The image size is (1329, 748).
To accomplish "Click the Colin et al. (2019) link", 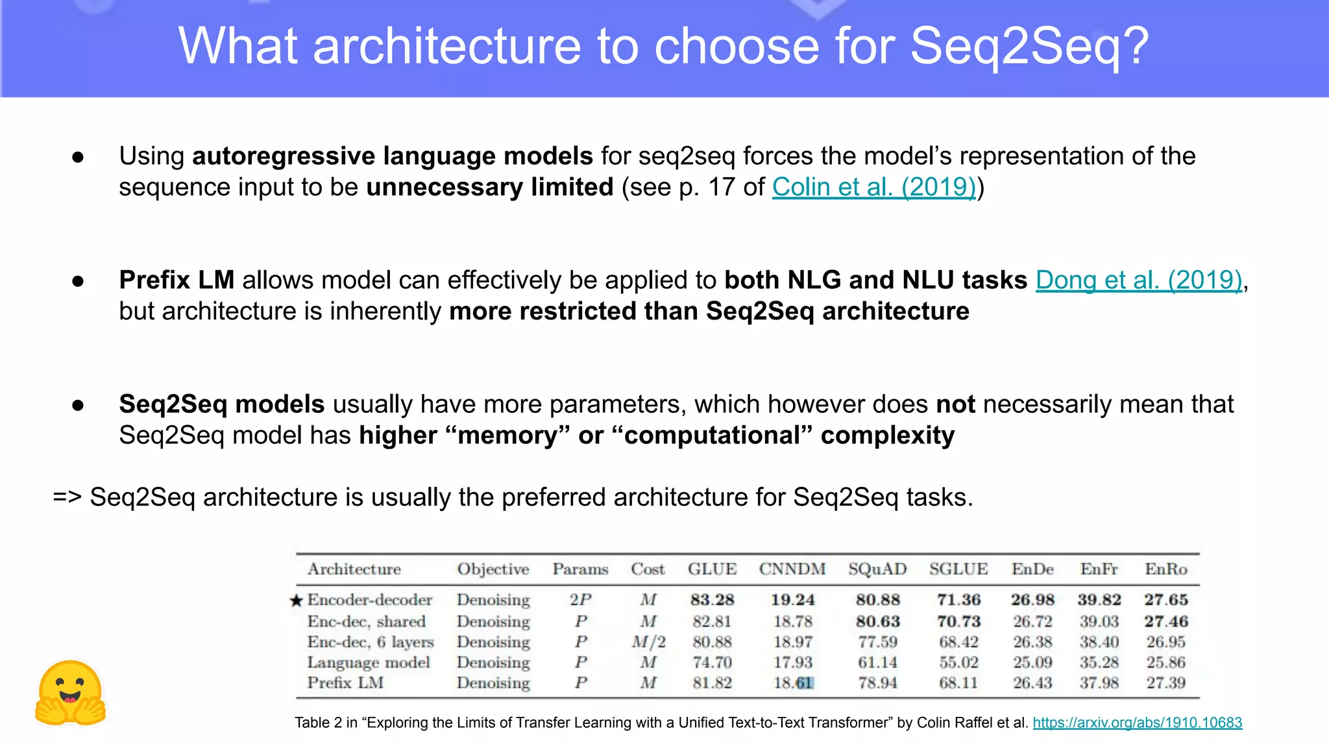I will click(873, 188).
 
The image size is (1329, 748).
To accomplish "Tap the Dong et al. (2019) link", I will click(1138, 280).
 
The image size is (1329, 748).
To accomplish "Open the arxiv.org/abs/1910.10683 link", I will click(1137, 723).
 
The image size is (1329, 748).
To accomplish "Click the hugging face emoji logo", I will click(70, 693).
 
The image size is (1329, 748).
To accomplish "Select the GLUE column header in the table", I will click(712, 569).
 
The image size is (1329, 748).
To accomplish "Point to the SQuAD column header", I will click(877, 569).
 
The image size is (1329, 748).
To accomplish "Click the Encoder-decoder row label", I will click(369, 600).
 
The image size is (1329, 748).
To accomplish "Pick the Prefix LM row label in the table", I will click(345, 683).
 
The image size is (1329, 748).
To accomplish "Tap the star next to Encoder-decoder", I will click(296, 601).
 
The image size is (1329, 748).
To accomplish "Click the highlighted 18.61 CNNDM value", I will click(793, 683).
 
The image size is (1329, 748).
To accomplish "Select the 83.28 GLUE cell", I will click(712, 600).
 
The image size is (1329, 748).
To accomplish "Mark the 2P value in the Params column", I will click(580, 600).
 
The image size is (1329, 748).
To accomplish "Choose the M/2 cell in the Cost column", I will click(648, 642).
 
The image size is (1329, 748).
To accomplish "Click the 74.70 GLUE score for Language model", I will click(712, 663).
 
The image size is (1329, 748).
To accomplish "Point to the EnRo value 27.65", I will click(1165, 600).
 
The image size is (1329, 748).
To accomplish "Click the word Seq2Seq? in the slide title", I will click(1029, 47).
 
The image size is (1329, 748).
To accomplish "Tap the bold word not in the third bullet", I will click(955, 405).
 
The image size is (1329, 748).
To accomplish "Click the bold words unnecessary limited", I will click(490, 188).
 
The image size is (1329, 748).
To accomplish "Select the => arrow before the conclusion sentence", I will click(67, 497).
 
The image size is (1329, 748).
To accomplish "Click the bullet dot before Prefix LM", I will click(79, 281).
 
